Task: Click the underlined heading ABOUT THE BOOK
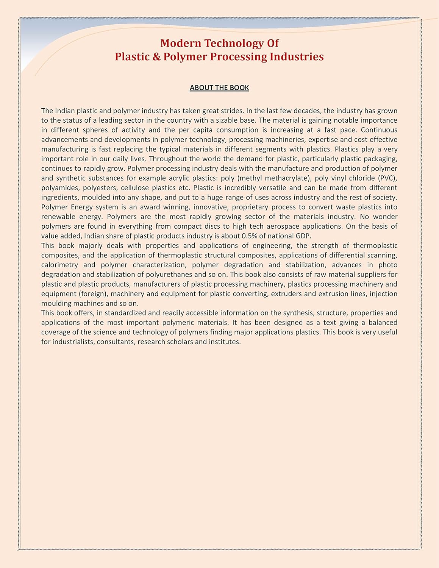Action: [219, 88]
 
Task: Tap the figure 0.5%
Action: [250, 236]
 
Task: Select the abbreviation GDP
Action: [303, 236]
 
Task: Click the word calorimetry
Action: [59, 265]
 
